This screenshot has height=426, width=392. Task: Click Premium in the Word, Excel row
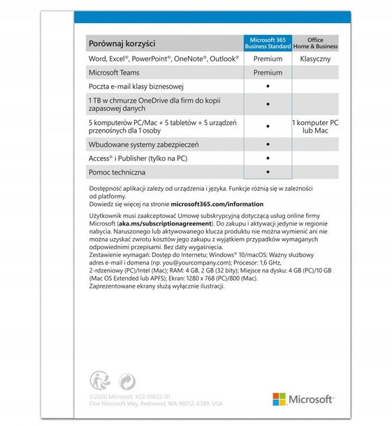coord(268,59)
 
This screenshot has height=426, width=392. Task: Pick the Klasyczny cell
coord(315,59)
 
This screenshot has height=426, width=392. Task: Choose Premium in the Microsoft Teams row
coord(268,73)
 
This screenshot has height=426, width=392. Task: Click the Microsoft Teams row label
coord(114,73)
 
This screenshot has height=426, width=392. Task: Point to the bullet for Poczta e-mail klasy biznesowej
coord(268,87)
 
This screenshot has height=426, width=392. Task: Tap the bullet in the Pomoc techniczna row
coord(268,171)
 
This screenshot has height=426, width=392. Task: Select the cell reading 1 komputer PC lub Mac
coord(315,126)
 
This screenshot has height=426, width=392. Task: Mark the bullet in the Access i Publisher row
coord(268,158)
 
